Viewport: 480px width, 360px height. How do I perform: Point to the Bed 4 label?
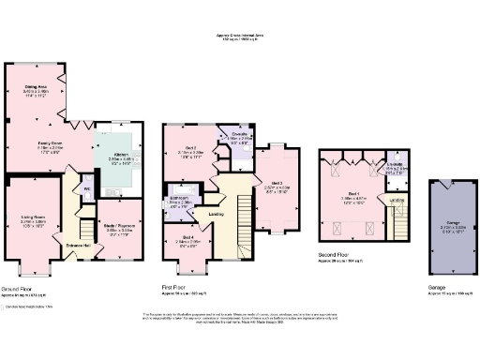pos(188,237)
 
